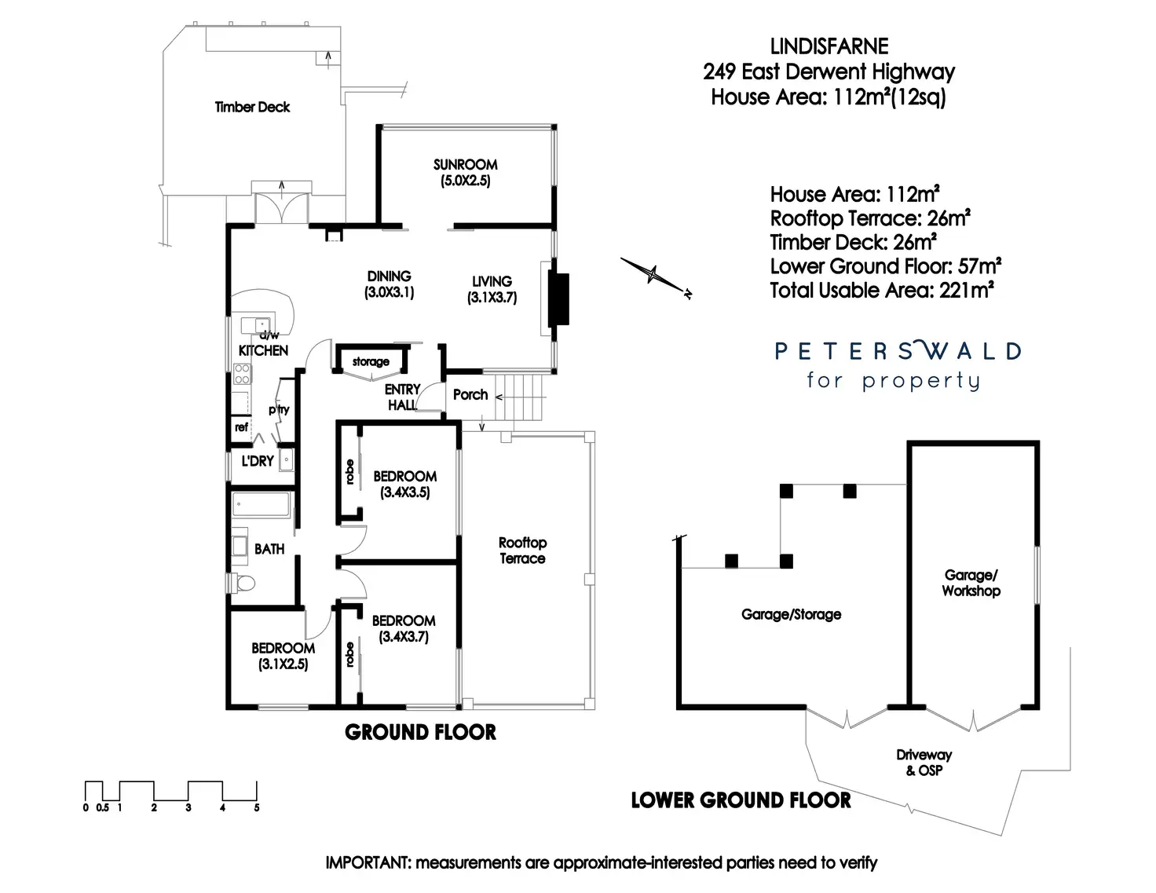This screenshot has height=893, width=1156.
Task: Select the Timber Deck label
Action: tap(252, 107)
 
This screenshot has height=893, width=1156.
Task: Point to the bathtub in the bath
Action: tap(262, 504)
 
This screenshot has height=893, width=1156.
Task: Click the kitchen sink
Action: tap(254, 325)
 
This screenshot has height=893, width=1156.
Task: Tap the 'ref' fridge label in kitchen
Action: tap(241, 427)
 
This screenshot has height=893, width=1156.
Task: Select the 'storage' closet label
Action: tap(371, 361)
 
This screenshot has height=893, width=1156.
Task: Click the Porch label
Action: tap(470, 394)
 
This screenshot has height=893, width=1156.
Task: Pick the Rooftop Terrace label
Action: tap(522, 551)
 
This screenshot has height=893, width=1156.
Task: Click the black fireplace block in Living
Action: tap(558, 298)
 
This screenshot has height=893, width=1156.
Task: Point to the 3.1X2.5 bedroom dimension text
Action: tap(283, 664)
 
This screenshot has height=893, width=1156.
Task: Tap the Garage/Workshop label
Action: tap(971, 583)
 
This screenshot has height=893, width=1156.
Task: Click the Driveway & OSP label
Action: tap(924, 762)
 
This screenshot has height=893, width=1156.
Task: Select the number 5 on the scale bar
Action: tap(257, 807)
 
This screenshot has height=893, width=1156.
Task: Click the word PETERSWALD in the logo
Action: tap(898, 350)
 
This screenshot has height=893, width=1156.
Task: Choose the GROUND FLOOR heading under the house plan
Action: tap(420, 732)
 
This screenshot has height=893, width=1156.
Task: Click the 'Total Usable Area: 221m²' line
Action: tap(882, 291)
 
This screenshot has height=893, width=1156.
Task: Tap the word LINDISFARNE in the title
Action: tap(829, 46)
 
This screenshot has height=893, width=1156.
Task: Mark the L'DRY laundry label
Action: tap(257, 461)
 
